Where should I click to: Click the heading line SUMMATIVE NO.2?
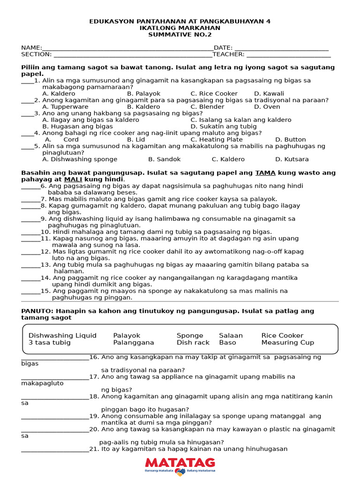(180, 35)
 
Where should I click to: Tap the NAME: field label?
(31, 48)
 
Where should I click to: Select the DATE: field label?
(223, 48)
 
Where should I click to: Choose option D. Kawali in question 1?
(269, 94)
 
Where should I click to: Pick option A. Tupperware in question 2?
(65, 107)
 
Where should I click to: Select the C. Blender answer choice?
(207, 107)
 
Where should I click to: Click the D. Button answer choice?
(290, 140)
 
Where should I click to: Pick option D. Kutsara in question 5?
(292, 159)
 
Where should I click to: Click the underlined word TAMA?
(265, 173)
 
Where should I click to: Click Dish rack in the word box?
(193, 343)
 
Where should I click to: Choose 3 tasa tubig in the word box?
(50, 343)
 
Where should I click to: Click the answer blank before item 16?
(55, 357)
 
